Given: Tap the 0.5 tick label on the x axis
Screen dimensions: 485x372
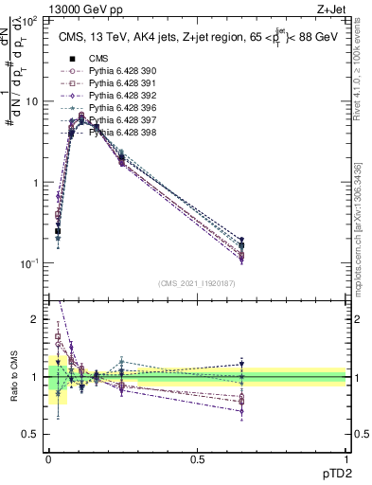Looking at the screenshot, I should coord(197,458).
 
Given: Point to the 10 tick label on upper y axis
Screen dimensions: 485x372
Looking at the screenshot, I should coord(31,101).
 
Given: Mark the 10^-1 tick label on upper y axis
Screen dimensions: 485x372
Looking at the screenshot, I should coord(28,262).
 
